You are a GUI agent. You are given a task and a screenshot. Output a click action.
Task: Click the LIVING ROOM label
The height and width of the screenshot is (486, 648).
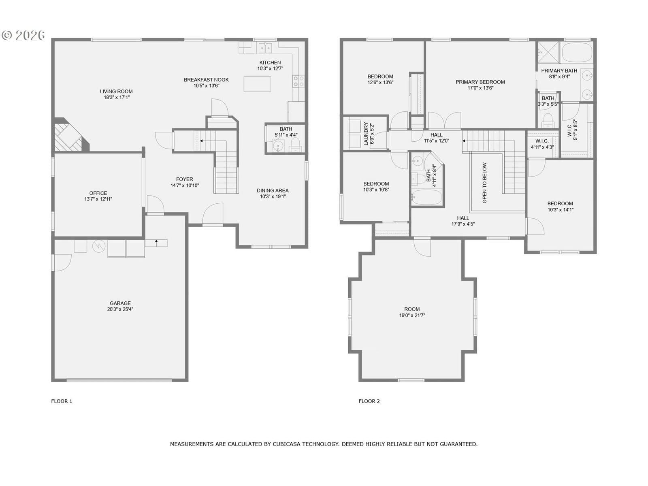click(116, 92)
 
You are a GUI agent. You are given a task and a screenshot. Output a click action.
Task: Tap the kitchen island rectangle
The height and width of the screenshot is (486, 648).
click(257, 84)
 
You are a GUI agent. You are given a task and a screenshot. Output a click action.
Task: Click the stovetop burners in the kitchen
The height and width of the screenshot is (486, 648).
click(298, 81)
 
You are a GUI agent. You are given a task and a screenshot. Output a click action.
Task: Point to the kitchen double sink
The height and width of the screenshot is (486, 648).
click(265, 47)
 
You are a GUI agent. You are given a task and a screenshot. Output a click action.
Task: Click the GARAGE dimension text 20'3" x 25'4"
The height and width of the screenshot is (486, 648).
click(120, 309)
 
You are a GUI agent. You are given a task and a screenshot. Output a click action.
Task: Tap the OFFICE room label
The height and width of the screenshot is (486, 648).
click(98, 193)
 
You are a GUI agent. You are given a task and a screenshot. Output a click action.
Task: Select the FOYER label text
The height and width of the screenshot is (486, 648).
click(185, 179)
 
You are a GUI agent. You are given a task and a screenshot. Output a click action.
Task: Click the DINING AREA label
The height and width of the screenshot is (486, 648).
click(273, 190)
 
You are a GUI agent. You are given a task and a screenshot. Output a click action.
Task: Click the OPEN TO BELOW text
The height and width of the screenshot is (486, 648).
click(484, 183)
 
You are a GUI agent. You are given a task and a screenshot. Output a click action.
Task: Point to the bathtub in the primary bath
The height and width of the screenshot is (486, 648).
click(577, 52)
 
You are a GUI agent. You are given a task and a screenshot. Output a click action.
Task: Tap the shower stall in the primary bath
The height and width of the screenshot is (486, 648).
click(548, 52)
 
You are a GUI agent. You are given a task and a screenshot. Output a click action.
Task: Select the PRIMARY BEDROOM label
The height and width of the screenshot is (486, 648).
click(480, 82)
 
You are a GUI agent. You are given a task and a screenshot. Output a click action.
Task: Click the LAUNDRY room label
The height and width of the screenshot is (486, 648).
click(366, 134)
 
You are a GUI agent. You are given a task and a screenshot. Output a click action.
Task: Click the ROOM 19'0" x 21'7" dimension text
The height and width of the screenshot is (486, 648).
click(412, 315)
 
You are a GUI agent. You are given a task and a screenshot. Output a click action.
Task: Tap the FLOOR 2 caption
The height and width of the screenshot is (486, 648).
click(369, 401)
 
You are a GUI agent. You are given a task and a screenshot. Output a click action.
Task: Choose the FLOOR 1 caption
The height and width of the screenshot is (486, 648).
click(62, 401)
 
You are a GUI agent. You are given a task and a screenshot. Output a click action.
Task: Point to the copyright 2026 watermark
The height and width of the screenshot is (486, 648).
click(23, 35)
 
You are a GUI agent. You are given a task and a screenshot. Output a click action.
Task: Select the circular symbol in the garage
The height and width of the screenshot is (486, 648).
click(98, 246)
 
